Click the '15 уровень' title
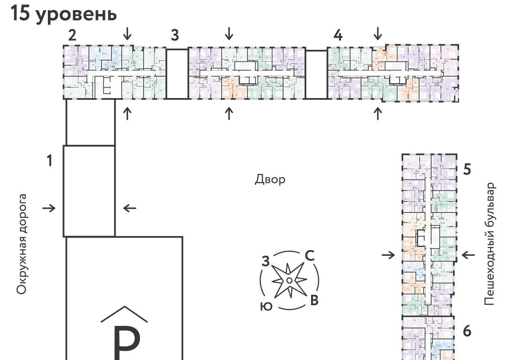64,14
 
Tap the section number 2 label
72,35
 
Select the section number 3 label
174,35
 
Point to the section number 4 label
338,35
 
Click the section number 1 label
49,161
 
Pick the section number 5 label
467,169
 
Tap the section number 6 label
467,331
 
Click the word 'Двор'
270,179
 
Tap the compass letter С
309,256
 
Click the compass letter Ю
266,307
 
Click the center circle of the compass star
289,281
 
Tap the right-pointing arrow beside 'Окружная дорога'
49,208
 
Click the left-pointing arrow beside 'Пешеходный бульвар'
468,255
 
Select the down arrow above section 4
378,33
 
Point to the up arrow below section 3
229,113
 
